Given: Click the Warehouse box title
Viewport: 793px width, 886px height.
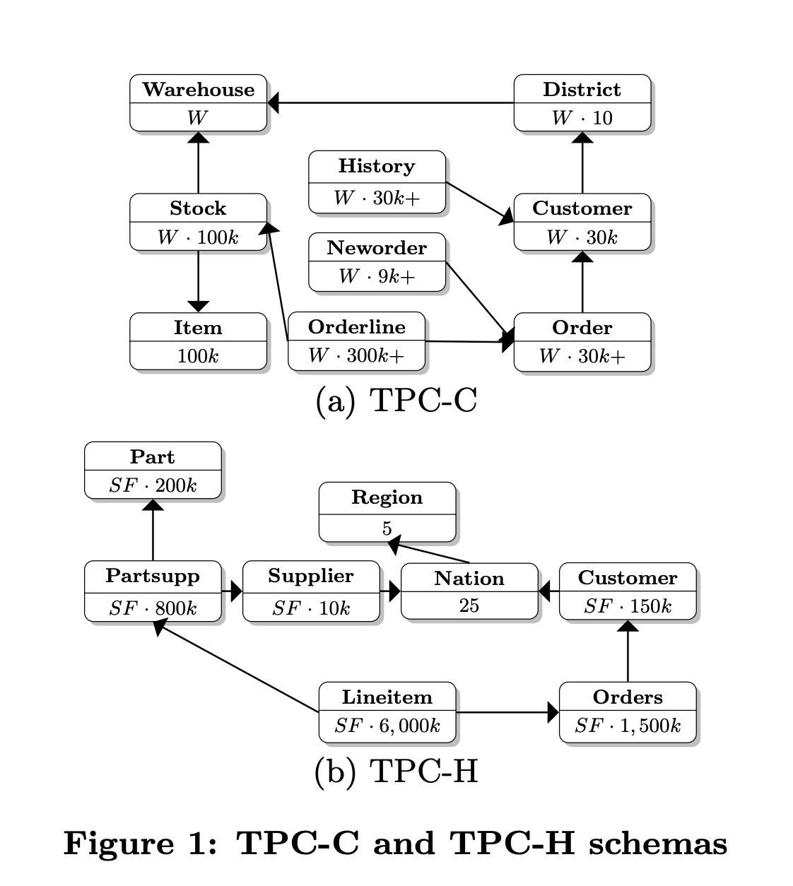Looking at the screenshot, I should point(198,90).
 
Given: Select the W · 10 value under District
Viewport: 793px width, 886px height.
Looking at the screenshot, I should point(582,118).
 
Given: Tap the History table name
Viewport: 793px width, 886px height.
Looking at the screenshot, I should point(377,166).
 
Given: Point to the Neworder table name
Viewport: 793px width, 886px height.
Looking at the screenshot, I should point(377,248).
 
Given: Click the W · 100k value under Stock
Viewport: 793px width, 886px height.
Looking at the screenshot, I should point(198,237).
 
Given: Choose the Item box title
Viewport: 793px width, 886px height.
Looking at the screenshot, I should point(198,328).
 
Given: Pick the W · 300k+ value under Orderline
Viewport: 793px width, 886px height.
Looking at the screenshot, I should point(356,356).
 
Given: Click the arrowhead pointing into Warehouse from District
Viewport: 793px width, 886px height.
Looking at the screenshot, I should point(274,103).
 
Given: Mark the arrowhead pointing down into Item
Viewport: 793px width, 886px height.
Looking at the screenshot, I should point(198,306).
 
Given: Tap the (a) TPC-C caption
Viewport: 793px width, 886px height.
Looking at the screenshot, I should point(396,401).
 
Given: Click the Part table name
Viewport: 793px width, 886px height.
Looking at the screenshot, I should point(153,457).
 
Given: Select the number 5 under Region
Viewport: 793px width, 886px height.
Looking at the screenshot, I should point(387,528).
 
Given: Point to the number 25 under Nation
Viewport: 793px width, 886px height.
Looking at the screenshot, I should point(469,606).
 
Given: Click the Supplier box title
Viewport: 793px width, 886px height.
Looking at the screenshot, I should point(311,577).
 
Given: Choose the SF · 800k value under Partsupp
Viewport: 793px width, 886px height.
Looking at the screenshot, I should point(153,608).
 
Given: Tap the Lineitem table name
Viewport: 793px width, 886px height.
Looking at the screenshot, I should point(387,697).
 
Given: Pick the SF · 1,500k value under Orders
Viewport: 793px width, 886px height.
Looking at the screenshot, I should point(628,726).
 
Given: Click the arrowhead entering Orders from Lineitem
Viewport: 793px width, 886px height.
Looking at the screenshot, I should point(553,712).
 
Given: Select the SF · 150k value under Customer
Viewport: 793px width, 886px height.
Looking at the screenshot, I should point(628,606).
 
